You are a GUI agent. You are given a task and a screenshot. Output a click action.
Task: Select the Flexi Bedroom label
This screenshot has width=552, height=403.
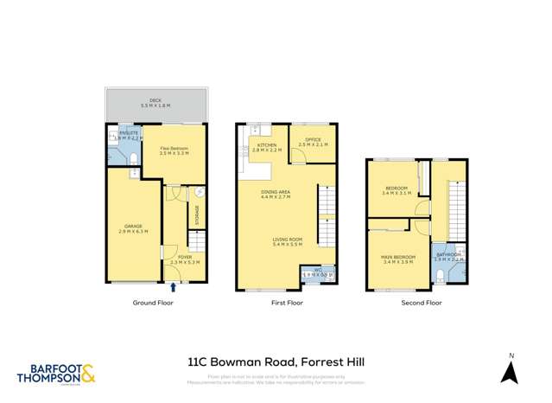174,150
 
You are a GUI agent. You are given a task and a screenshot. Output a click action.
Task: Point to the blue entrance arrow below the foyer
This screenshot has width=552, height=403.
175,286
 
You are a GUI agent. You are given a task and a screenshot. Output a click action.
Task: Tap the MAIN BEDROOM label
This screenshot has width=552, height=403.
398,259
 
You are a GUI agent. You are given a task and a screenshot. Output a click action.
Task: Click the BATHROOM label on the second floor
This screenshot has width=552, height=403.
449,257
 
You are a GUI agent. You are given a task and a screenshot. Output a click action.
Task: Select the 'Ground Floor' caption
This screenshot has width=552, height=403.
152,304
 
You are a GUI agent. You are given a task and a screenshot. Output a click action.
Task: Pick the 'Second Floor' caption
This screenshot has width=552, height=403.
422,304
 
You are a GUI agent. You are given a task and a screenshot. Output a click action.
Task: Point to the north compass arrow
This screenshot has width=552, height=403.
511,373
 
